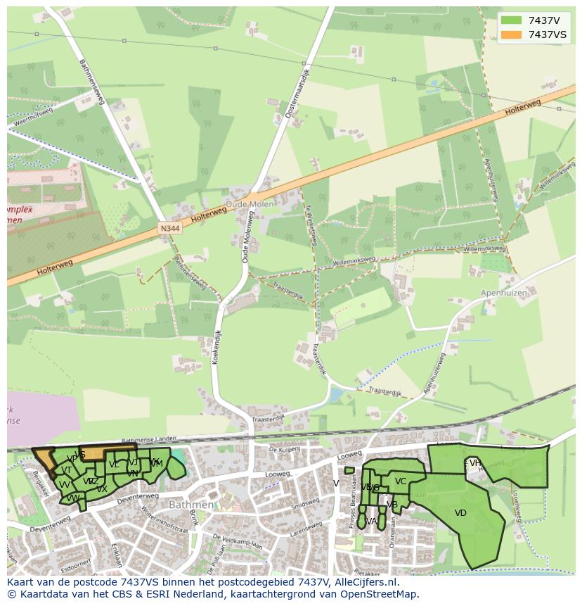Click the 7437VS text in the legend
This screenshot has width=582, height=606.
(x=548, y=34)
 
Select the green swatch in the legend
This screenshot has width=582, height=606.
(x=511, y=20)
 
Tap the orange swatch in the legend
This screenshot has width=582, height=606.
(x=511, y=34)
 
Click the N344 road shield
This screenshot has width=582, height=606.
(x=169, y=229)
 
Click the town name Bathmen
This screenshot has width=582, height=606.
(x=190, y=505)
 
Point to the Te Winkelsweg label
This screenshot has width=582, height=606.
(x=311, y=225)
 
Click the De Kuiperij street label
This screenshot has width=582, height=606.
(x=285, y=448)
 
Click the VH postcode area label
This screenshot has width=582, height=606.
(x=476, y=462)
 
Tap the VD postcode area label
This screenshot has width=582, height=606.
(x=460, y=513)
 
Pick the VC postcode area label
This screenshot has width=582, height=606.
(x=401, y=481)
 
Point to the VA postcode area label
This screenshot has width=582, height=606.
(x=372, y=522)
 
